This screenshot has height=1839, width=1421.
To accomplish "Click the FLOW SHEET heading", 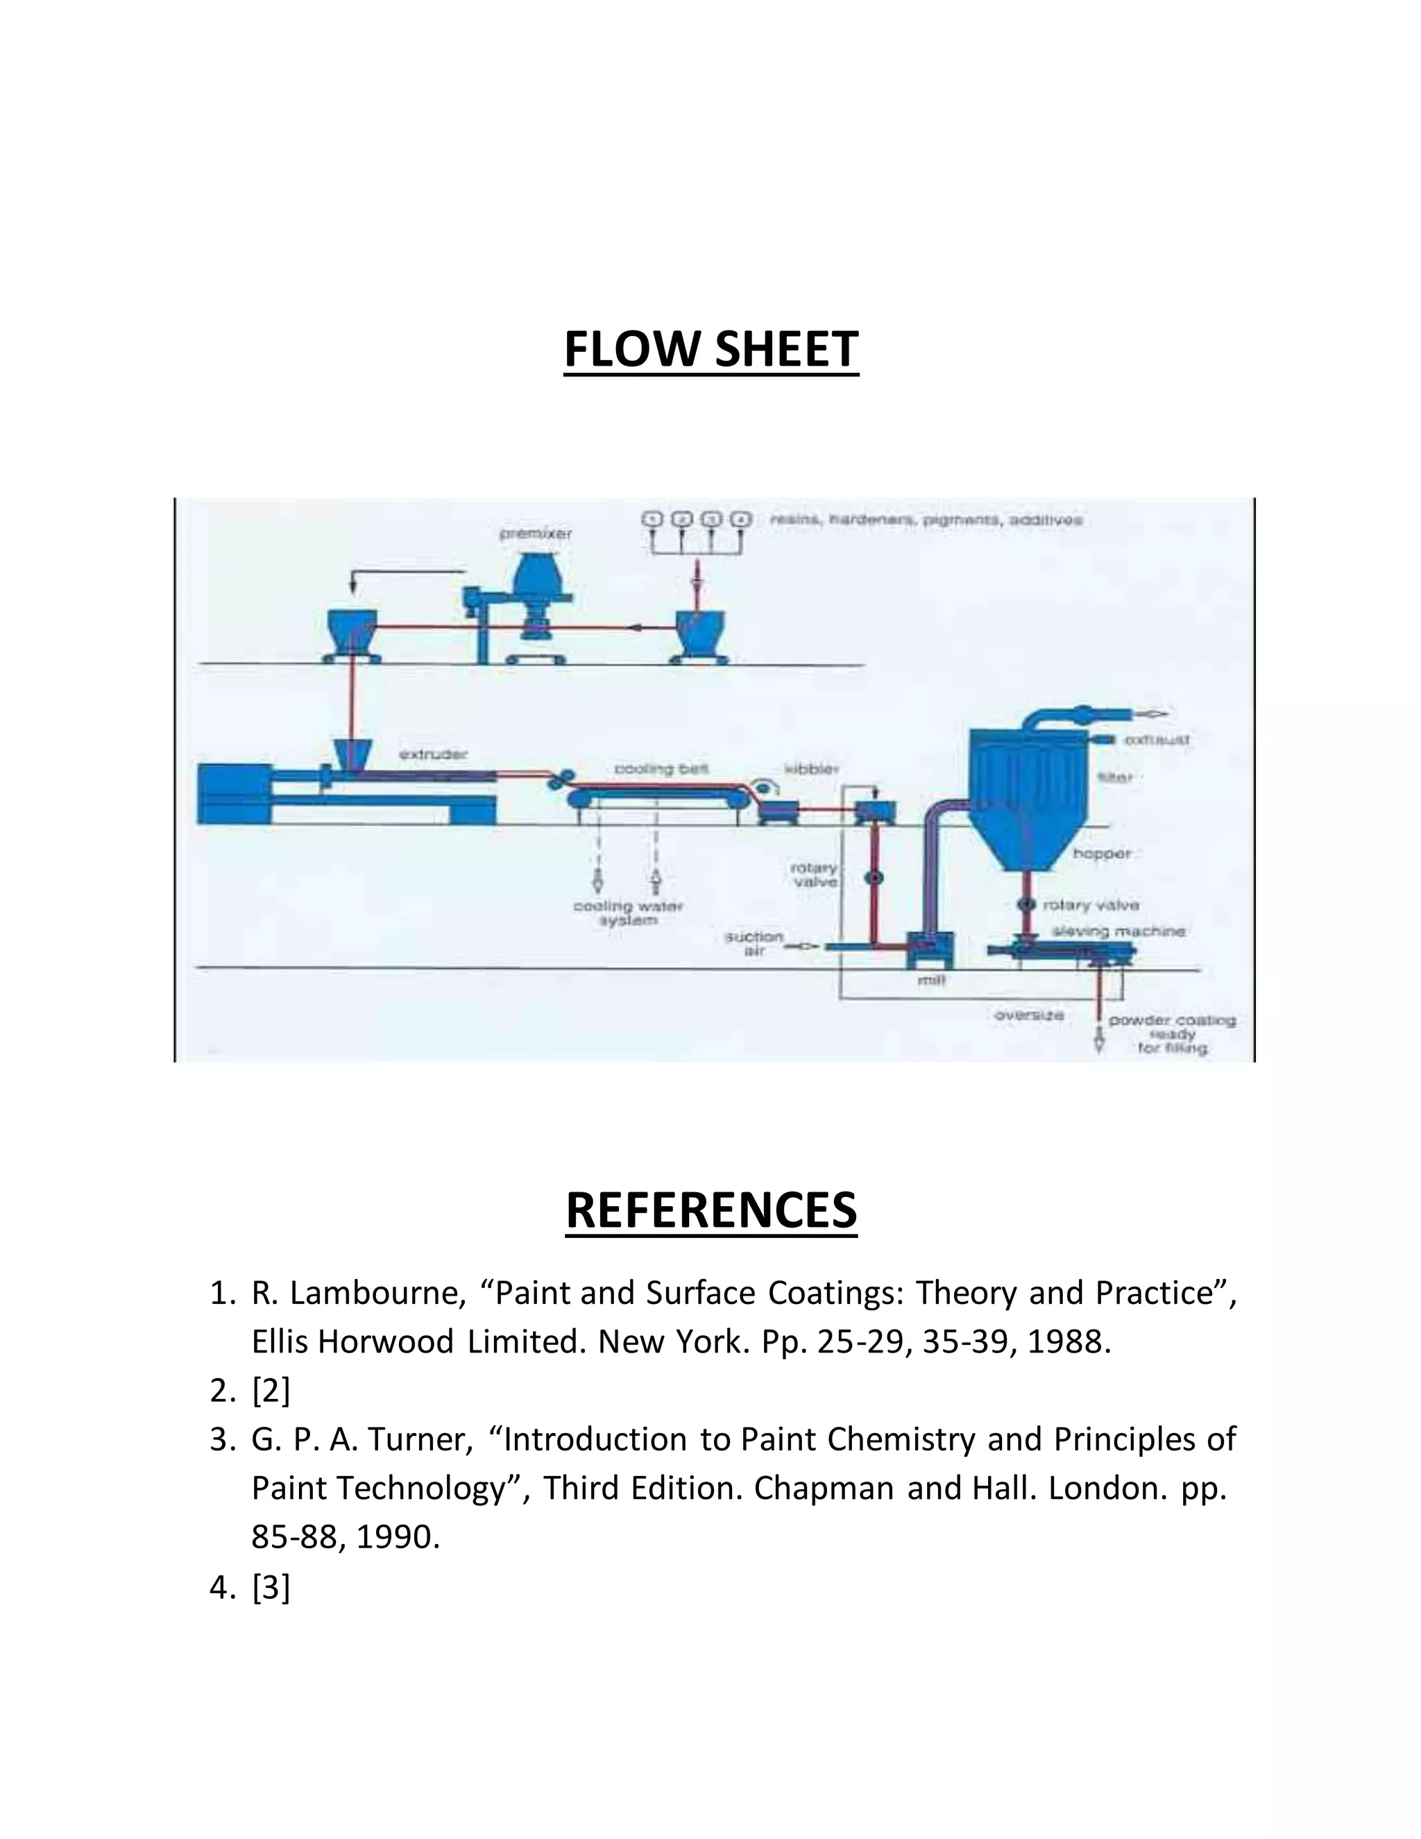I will tap(710, 350).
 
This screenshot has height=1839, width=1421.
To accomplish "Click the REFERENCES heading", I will tap(710, 1210).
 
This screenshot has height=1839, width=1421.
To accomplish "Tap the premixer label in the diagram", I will tap(536, 534).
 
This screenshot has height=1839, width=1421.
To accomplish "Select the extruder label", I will tap(433, 754).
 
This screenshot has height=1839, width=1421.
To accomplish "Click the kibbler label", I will tap(810, 768).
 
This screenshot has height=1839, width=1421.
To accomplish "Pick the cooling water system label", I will tap(628, 913).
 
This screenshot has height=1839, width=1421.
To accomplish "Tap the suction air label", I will tap(754, 943).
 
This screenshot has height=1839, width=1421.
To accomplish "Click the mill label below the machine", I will tap(930, 978).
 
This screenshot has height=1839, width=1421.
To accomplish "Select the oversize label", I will tap(1029, 1015).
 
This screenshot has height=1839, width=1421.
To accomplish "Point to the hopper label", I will tap(1101, 853).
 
